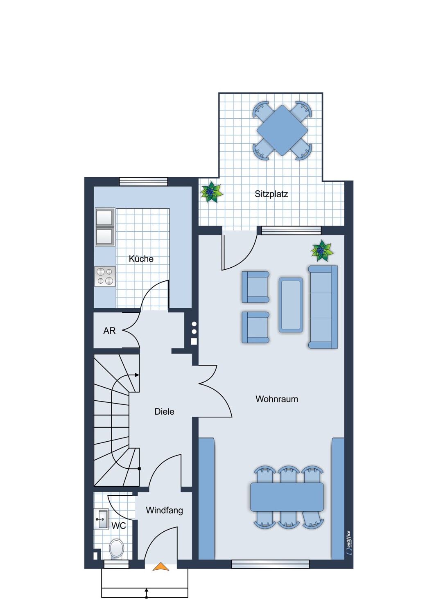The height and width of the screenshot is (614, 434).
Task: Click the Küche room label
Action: (141, 259)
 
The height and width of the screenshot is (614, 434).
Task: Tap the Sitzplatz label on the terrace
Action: (271, 194)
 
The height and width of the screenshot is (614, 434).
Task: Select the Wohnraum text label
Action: (277, 399)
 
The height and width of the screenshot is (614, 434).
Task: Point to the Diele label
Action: (164, 411)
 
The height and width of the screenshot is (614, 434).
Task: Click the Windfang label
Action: (164, 510)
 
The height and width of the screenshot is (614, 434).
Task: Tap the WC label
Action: (119, 526)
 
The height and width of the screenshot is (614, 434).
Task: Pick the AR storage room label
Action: (109, 331)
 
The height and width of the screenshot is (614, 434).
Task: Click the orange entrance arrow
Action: (160, 566)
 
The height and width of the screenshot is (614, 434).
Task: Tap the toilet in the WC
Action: (116, 548)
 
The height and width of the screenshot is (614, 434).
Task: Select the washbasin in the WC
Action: (101, 519)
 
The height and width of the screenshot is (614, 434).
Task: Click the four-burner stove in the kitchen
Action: (105, 276)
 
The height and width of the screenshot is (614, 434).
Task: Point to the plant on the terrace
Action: (211, 192)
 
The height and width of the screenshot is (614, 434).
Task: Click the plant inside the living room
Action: (322, 251)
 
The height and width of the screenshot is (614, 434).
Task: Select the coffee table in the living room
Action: (291, 305)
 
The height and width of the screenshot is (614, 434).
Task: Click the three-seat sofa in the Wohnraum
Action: (323, 307)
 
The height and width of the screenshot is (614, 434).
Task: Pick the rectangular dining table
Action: (287, 497)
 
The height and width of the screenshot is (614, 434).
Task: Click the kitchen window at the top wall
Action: (143, 181)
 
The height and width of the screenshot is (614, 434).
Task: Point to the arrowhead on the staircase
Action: (137, 375)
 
